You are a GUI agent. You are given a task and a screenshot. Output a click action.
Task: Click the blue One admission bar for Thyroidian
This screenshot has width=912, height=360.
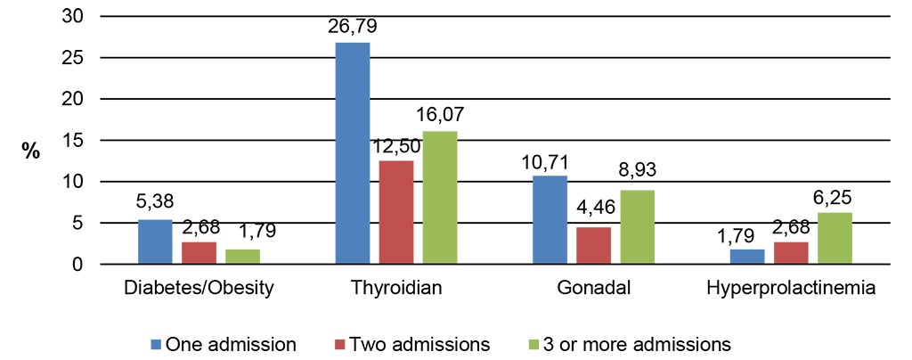pyautogui.click(x=352, y=153)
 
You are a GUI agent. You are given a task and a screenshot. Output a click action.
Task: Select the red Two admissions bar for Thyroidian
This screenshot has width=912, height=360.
pyautogui.click(x=396, y=212)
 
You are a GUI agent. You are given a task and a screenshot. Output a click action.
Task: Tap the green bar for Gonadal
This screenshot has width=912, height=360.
pyautogui.click(x=638, y=227)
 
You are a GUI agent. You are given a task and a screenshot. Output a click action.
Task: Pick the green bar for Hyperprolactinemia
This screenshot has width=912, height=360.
pyautogui.click(x=835, y=238)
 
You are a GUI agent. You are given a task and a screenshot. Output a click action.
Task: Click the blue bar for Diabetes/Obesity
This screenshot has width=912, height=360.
pyautogui.click(x=155, y=241)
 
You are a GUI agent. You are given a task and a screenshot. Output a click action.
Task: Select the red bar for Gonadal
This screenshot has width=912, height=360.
pyautogui.click(x=593, y=246)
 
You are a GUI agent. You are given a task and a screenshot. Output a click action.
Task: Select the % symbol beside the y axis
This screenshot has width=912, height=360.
pyautogui.click(x=32, y=151)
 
